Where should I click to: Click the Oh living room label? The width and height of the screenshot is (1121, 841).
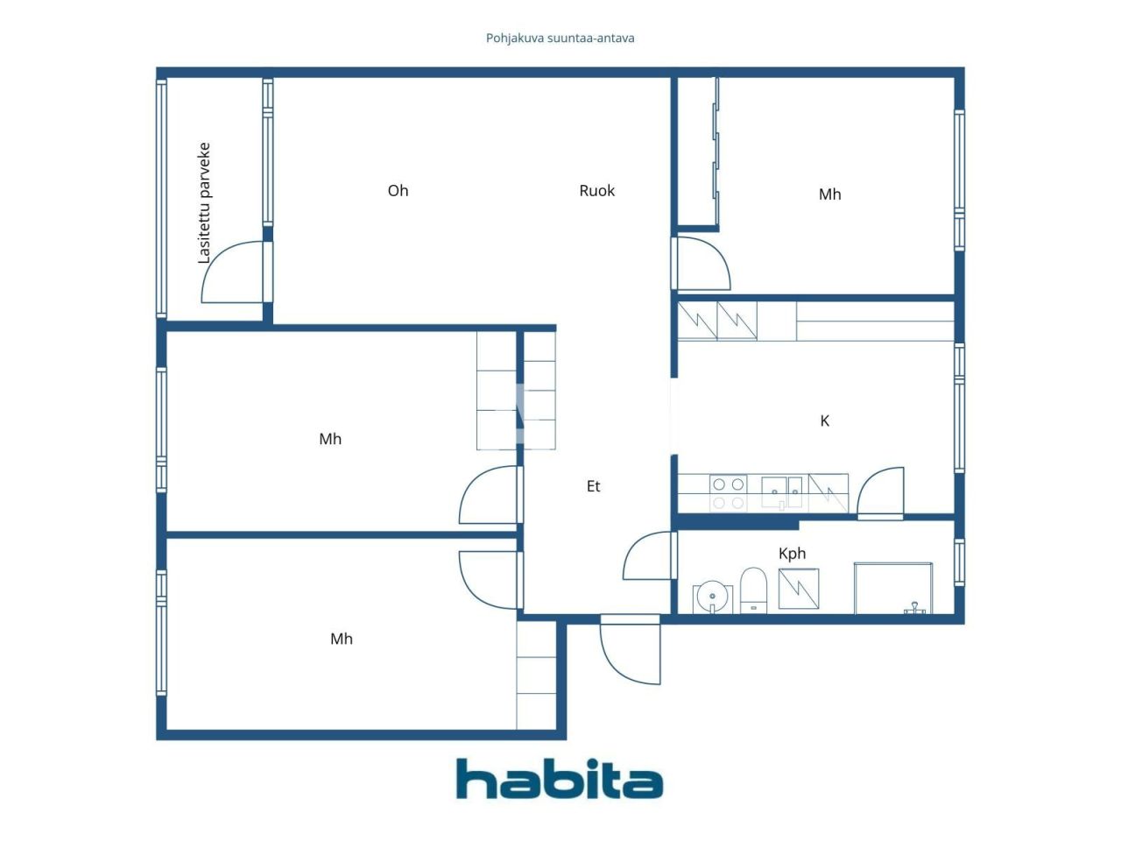pos(398,191)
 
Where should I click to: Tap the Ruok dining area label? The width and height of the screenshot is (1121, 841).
pos(597,191)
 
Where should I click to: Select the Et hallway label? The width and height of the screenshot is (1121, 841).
pos(594,486)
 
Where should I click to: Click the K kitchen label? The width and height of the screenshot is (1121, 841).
pos(824,421)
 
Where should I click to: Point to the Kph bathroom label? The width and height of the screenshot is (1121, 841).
pos(792,554)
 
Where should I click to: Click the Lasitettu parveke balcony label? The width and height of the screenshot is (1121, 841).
pos(204,203)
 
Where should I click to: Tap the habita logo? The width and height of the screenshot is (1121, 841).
pos(560,779)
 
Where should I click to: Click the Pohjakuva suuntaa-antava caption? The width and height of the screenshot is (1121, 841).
pos(560,39)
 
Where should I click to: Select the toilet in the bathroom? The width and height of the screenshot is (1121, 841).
pos(753,590)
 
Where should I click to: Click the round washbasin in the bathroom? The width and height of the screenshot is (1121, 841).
pos(712,597)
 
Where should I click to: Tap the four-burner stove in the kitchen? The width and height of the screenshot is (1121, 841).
pos(728,493)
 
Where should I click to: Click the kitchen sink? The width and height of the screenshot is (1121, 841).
pos(781,491)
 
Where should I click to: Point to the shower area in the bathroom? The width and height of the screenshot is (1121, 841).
pos(893,589)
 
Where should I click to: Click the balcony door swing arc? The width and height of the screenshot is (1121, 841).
pos(231,273)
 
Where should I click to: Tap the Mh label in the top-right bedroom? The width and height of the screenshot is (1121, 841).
pos(829,194)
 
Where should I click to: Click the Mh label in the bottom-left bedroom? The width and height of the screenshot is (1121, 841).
pos(342,640)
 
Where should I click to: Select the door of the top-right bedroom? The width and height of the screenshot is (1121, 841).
pos(702,264)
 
